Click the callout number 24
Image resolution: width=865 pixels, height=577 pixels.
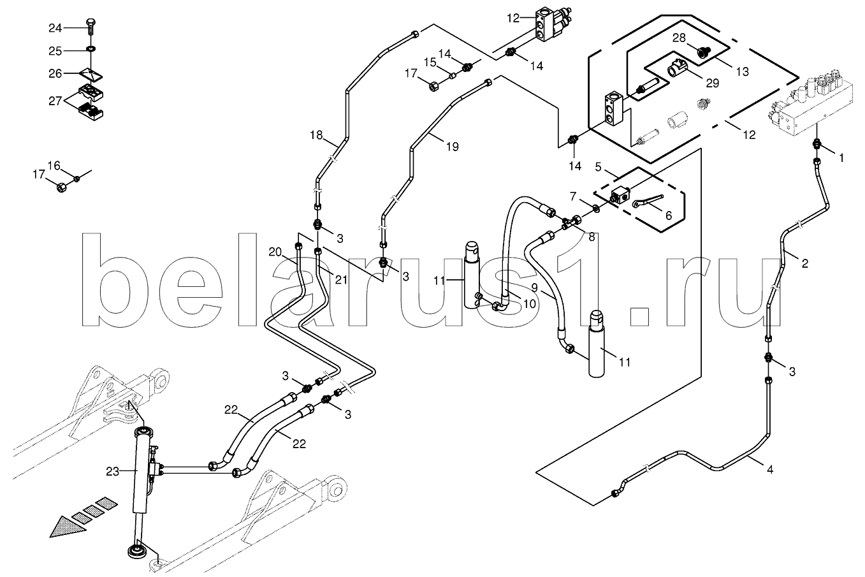coord(55,28)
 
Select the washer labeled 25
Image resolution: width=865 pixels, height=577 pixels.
coord(91,49)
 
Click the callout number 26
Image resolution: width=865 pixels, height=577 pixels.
coord(55,73)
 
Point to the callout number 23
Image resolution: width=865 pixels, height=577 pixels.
coord(113,472)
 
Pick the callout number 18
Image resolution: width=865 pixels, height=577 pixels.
coord(316,135)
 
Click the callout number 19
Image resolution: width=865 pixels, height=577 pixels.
coord(452,147)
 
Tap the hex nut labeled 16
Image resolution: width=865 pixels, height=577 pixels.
coord(77,179)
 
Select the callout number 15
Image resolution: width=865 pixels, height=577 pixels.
coord(430,62)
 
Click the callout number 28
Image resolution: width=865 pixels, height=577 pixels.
coord(679,38)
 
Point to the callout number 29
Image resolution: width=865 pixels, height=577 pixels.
coord(713,83)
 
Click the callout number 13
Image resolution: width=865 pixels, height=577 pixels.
coord(742,72)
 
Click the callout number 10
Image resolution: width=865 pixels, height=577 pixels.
coord(530,303)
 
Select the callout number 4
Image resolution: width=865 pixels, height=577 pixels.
coord(770,470)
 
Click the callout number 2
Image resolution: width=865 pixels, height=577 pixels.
coord(804,264)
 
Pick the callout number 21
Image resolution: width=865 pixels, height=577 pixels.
coord(342,280)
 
